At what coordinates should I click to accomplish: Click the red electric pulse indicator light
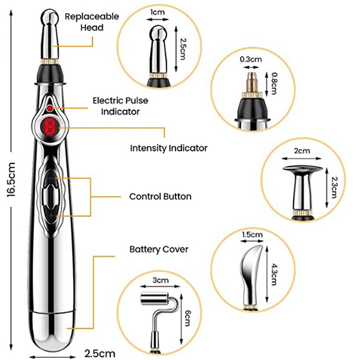pos(49,108)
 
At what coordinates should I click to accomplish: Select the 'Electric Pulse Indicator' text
pos(120,106)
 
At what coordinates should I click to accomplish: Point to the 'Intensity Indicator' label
pos(169,148)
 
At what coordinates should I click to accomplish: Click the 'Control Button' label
pos(160,197)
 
